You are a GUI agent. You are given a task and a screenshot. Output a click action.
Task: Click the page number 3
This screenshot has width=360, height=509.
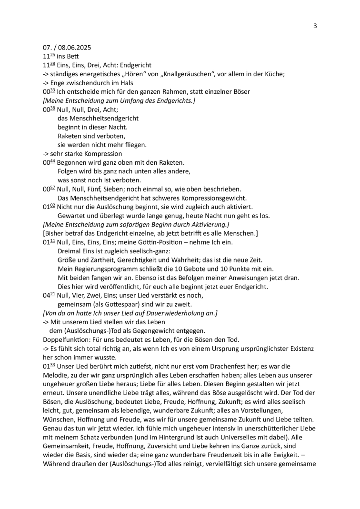point(315,26)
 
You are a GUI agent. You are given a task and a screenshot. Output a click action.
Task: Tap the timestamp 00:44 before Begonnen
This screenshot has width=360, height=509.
point(49,162)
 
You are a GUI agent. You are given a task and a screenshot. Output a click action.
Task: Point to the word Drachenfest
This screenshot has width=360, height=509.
point(219,366)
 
